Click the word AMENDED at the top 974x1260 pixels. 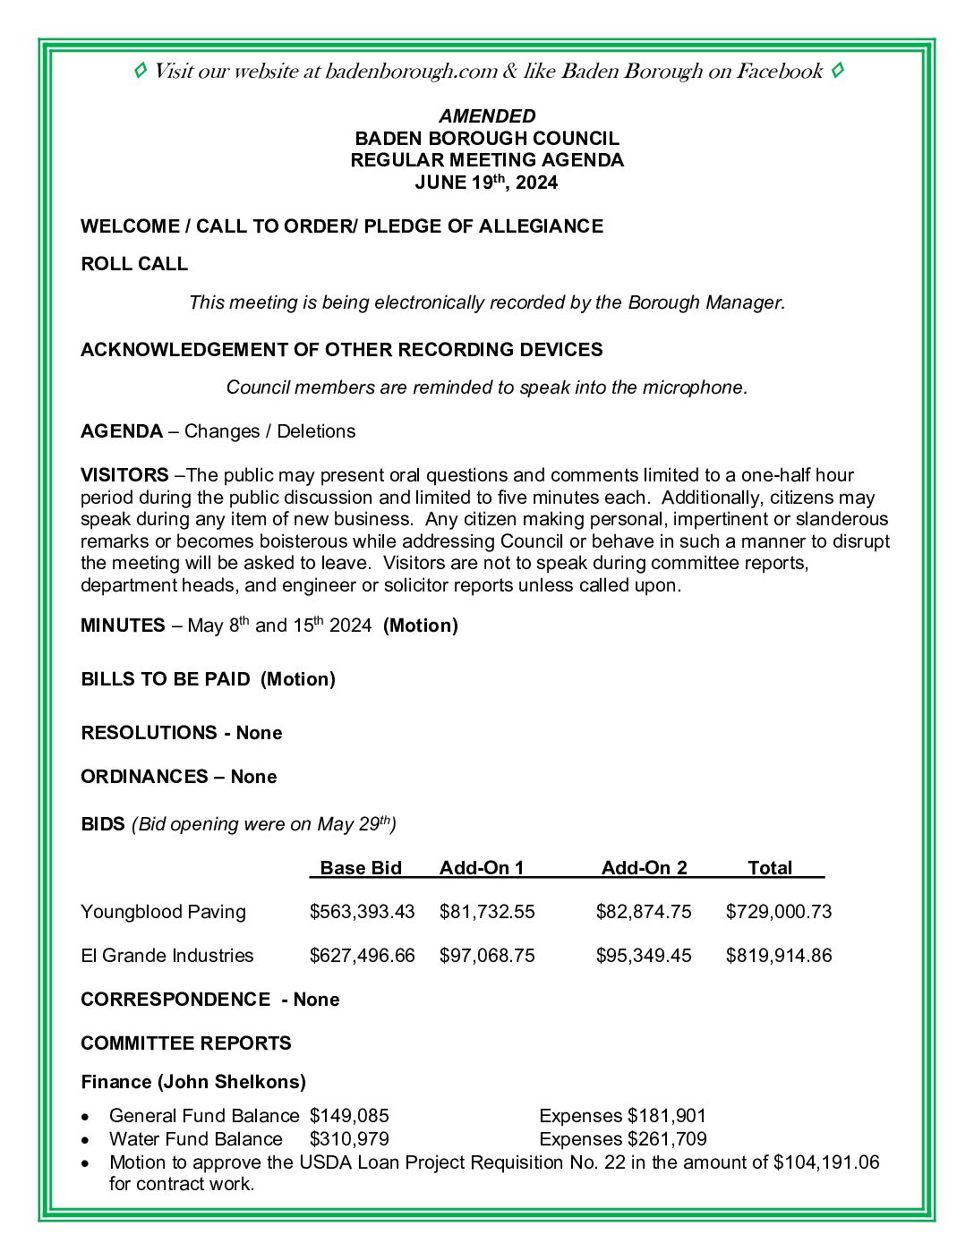click(x=487, y=116)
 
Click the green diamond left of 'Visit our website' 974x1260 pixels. click(x=140, y=71)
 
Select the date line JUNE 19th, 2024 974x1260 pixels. click(x=486, y=183)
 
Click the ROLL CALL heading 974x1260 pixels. click(x=134, y=264)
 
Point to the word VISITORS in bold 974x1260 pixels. click(x=124, y=475)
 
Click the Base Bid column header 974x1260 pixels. click(x=361, y=868)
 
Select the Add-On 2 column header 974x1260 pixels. click(x=644, y=868)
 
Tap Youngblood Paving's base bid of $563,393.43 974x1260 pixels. click(x=362, y=912)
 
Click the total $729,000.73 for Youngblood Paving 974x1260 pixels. click(x=778, y=912)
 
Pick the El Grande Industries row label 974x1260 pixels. click(x=167, y=956)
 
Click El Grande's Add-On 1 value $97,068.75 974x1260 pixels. click(x=487, y=956)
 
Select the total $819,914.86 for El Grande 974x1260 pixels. click(x=778, y=956)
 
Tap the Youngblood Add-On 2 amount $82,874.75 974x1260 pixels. click(x=644, y=912)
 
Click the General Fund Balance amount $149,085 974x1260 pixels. click(x=349, y=1116)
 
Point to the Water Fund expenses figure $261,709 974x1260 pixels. click(x=667, y=1139)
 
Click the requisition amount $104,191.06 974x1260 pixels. click(x=826, y=1162)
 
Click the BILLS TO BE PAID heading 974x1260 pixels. click(x=166, y=679)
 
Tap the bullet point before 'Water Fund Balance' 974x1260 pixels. click(x=85, y=1140)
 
